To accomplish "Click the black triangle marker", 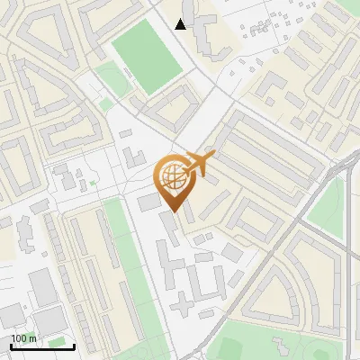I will (181, 24).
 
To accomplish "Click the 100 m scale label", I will (23, 338).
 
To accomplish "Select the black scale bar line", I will (42, 346).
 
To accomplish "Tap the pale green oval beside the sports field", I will (112, 78).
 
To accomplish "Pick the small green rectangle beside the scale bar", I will (60, 342).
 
